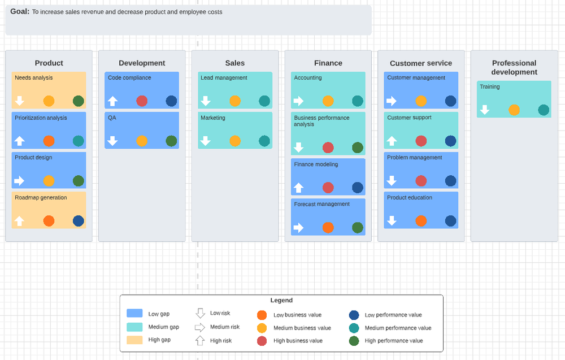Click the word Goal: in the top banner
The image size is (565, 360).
(x=20, y=11)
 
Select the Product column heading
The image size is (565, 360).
(x=49, y=63)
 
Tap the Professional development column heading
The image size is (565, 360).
(x=514, y=67)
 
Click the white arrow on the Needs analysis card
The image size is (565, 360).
(x=20, y=101)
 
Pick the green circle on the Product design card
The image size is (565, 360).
(x=79, y=181)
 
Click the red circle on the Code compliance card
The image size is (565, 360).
(x=142, y=101)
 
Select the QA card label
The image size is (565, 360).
(x=112, y=118)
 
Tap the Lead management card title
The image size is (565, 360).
(x=224, y=78)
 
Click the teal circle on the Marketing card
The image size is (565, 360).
(x=264, y=141)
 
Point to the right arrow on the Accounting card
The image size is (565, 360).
(x=298, y=101)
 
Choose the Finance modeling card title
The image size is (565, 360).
(x=316, y=164)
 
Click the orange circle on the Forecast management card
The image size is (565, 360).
(x=328, y=228)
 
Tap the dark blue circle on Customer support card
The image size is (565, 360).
(x=450, y=141)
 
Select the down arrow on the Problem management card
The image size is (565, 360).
(x=392, y=181)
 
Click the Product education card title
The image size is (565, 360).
(x=410, y=198)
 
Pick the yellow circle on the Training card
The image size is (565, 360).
(x=514, y=110)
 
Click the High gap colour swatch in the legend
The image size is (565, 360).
(x=134, y=340)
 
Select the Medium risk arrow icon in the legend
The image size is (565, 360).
(x=200, y=327)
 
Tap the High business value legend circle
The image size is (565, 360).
(x=262, y=341)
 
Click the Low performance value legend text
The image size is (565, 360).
(x=393, y=315)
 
